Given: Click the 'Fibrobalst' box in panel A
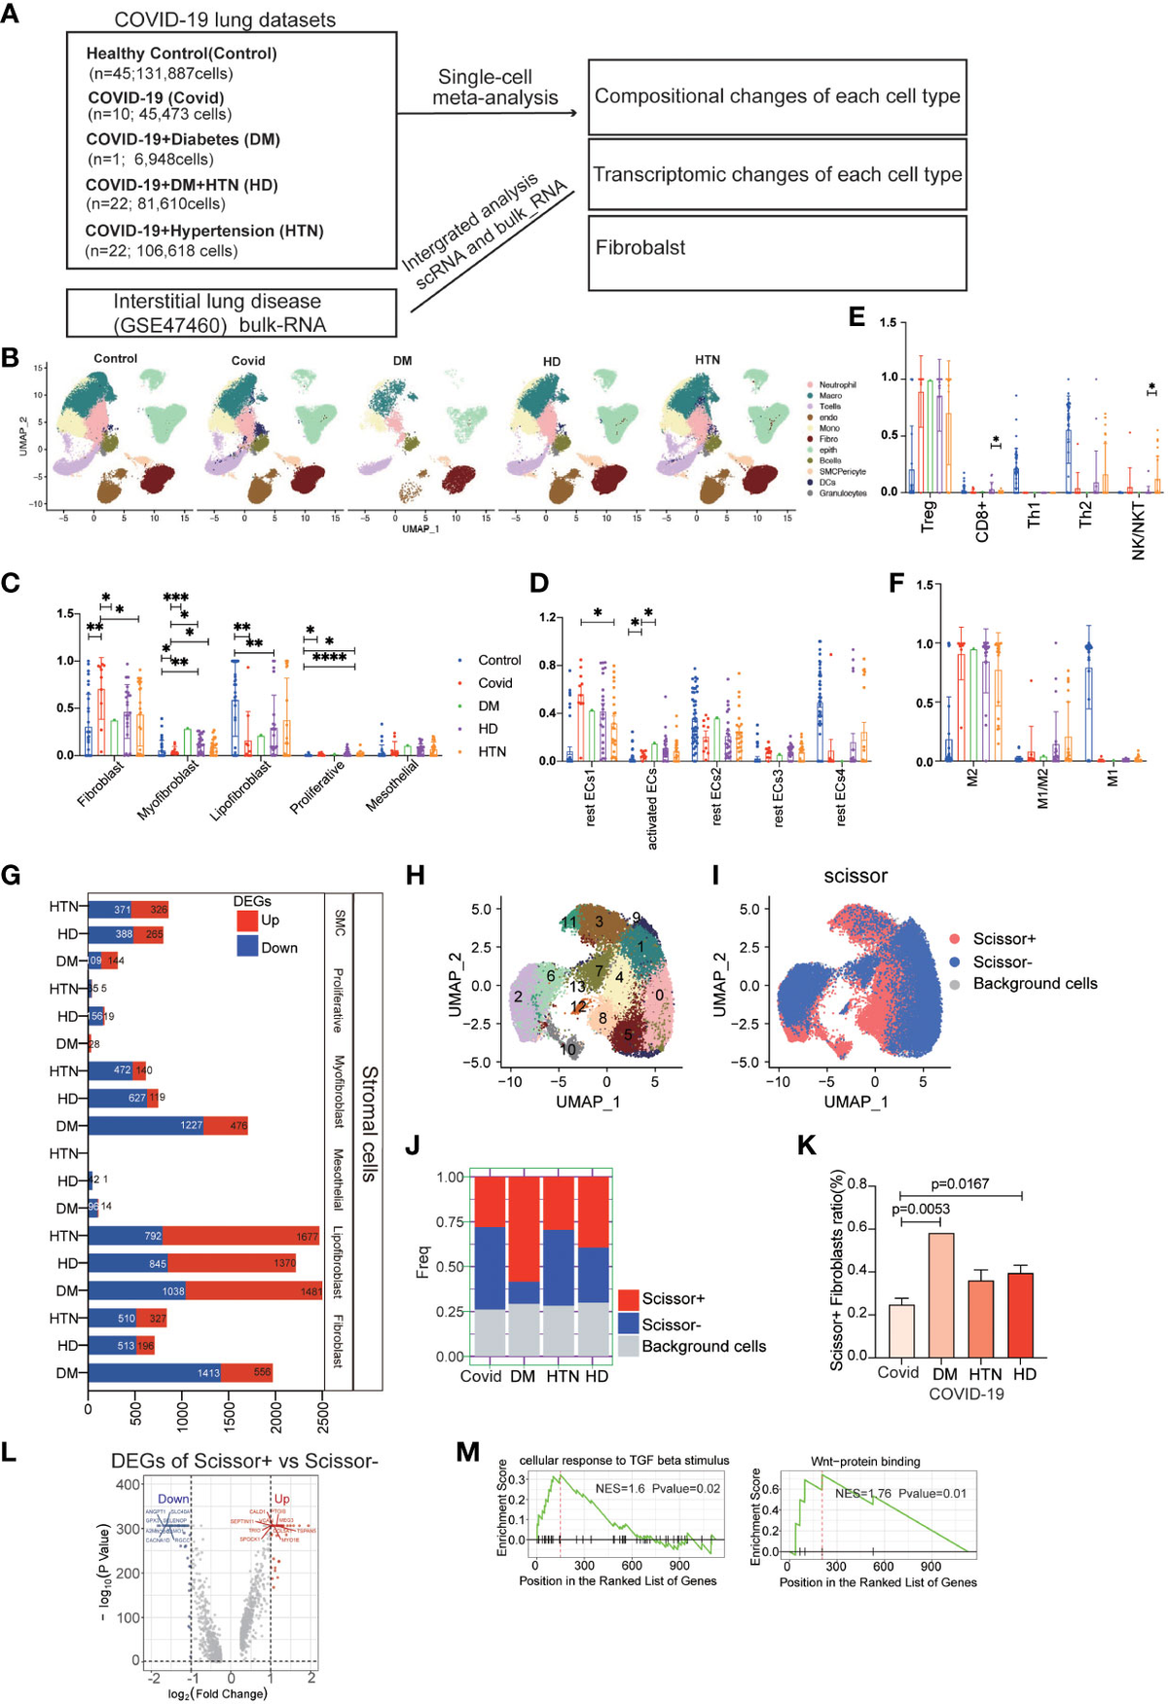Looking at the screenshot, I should pyautogui.click(x=777, y=252).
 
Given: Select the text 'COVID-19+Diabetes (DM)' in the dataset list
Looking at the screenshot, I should pyautogui.click(x=183, y=139).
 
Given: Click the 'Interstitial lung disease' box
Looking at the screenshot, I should pyautogui.click(x=232, y=312).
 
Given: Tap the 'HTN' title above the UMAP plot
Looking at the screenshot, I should pyautogui.click(x=708, y=359).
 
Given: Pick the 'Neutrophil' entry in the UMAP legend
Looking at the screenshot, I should pyautogui.click(x=836, y=384).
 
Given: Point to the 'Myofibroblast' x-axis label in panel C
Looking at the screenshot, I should pyautogui.click(x=168, y=789).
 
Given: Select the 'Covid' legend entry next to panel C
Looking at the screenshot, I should pyautogui.click(x=494, y=683).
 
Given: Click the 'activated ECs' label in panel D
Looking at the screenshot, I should pyautogui.click(x=652, y=809).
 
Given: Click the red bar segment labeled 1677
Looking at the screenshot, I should pyautogui.click(x=241, y=1236).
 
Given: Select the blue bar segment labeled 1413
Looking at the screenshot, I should pyautogui.click(x=155, y=1372).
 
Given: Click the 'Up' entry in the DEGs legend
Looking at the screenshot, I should pyautogui.click(x=270, y=920).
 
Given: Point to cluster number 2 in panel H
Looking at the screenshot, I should pyautogui.click(x=519, y=997).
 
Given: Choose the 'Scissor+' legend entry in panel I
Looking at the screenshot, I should pyautogui.click(x=1004, y=938).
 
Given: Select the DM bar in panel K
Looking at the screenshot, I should pyautogui.click(x=941, y=1294).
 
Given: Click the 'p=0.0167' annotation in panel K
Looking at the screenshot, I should pyautogui.click(x=960, y=1183).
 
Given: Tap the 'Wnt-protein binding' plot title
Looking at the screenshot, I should pyautogui.click(x=865, y=1461).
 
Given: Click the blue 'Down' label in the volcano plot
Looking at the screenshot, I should pyautogui.click(x=173, y=1499).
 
